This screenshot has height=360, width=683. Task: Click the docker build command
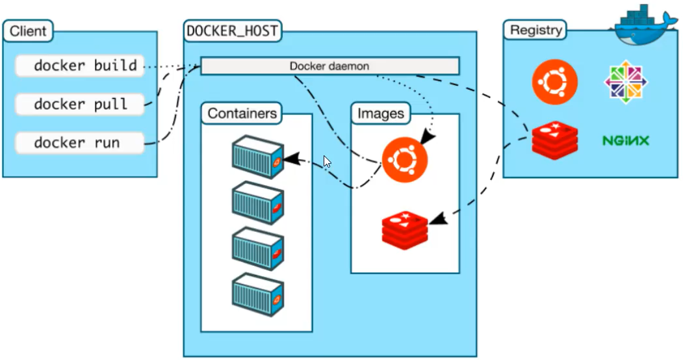pyautogui.click(x=79, y=66)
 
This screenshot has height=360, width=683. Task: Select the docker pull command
pyautogui.click(x=79, y=104)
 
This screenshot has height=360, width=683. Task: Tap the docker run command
pyautogui.click(x=79, y=142)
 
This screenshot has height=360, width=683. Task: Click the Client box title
pyautogui.click(x=28, y=31)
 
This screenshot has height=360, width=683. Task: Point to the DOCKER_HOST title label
pyautogui.click(x=232, y=31)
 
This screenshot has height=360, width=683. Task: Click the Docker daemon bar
pyautogui.click(x=329, y=66)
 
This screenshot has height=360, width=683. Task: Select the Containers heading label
pyautogui.click(x=242, y=114)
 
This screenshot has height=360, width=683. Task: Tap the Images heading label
pyautogui.click(x=381, y=114)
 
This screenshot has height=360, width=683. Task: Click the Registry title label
pyautogui.click(x=534, y=30)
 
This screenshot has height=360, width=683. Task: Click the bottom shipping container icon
pyautogui.click(x=258, y=295)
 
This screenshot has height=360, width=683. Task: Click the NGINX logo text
pyautogui.click(x=625, y=140)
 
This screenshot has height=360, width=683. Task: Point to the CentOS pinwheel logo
pyautogui.click(x=626, y=81)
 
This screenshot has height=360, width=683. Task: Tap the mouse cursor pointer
pyautogui.click(x=327, y=162)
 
